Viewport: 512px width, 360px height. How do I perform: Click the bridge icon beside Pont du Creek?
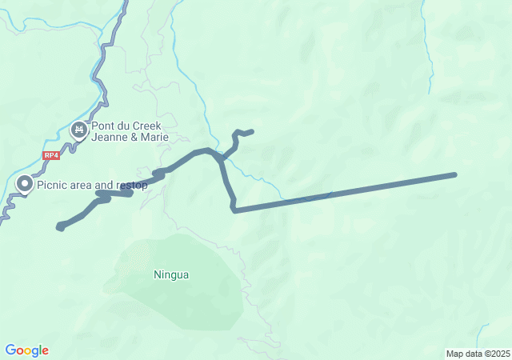coord(79,129)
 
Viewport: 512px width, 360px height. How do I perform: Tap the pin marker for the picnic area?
coord(25,185)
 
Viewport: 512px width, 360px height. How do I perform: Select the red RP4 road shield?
coord(52,156)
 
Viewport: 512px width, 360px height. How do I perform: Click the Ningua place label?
coord(171,275)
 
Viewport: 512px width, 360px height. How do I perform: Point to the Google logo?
coord(26,350)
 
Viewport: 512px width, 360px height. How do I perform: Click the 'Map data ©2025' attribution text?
coord(478,354)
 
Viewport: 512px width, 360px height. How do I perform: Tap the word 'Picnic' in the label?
coord(53,186)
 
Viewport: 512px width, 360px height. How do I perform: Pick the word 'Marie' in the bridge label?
coord(154,136)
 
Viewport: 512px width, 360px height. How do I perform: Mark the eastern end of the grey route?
coord(454,174)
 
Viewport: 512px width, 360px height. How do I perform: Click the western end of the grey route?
coord(60,227)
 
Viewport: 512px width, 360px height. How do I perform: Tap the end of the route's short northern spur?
coord(251,131)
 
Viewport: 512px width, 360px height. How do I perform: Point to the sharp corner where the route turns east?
coord(234,210)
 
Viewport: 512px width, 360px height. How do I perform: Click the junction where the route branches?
coord(219,158)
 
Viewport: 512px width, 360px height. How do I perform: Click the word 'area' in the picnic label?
coord(82,186)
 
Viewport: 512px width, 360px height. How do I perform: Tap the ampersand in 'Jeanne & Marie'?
coord(133,136)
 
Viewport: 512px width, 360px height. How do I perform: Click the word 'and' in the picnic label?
coord(105,186)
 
